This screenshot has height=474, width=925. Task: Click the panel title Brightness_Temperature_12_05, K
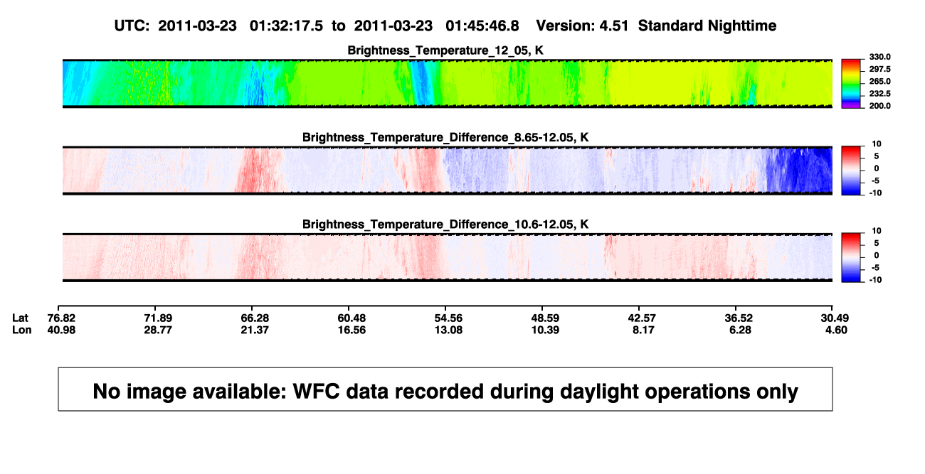[445, 50]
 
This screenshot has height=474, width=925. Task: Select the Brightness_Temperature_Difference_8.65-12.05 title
[445, 137]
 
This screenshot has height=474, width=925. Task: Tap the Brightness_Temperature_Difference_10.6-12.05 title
[445, 225]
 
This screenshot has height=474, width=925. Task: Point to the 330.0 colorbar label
[879, 57]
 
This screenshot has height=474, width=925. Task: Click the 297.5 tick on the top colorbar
[879, 69]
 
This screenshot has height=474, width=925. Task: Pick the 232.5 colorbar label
[879, 94]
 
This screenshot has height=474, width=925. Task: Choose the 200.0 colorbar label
[879, 106]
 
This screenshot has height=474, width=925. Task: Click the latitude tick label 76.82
[61, 318]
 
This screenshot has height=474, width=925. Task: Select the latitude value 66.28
[255, 318]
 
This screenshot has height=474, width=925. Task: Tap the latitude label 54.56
[448, 318]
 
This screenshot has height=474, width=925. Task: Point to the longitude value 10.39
[545, 330]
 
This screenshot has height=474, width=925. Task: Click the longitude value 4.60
[836, 330]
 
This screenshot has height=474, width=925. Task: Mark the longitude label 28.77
[158, 330]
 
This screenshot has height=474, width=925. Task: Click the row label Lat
[20, 318]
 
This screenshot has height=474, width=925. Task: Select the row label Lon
[22, 330]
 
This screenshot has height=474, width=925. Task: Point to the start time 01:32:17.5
[286, 26]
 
